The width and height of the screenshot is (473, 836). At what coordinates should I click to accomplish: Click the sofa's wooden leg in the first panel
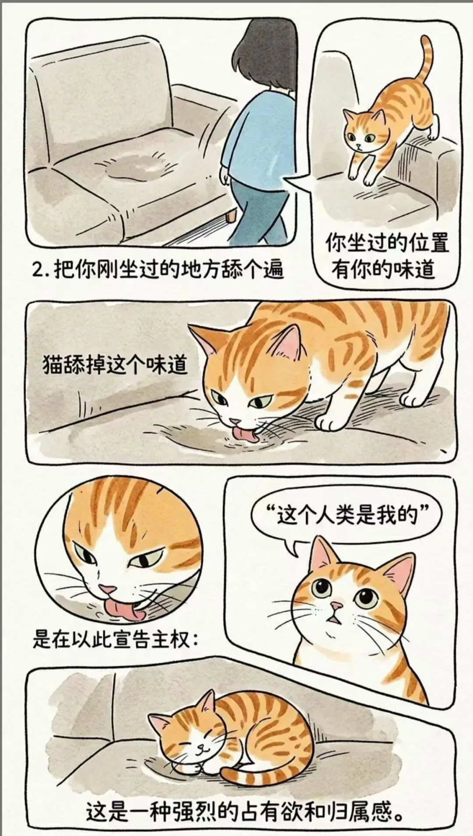(x=229, y=216)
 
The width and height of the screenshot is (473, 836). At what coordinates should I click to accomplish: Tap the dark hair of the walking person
(x=263, y=57)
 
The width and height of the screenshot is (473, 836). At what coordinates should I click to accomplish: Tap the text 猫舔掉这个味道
(x=115, y=365)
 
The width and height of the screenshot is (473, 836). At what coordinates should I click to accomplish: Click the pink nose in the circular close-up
(x=107, y=589)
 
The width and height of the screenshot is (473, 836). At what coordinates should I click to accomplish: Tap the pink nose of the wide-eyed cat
(x=336, y=606)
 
